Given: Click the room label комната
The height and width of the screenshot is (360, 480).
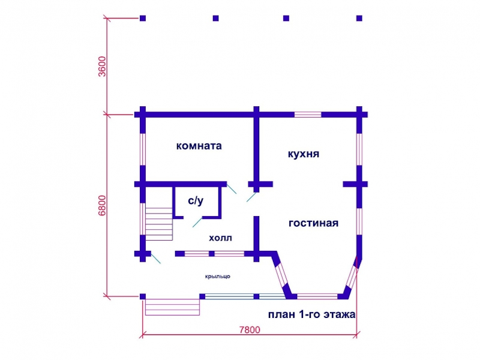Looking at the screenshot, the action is [x=199, y=146].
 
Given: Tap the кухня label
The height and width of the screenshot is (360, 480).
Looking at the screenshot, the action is [x=304, y=154].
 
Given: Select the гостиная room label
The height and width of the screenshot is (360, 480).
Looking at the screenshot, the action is [x=313, y=223].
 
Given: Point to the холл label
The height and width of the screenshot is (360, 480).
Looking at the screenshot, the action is [x=220, y=238].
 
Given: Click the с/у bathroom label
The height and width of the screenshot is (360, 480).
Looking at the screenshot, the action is [x=196, y=200].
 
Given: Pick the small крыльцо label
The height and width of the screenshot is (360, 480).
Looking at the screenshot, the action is [x=217, y=277].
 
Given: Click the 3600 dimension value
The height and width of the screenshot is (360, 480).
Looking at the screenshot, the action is [x=102, y=67].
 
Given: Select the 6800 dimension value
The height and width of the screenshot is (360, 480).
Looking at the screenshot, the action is [x=102, y=205].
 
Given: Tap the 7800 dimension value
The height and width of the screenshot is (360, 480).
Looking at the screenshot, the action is [x=250, y=329].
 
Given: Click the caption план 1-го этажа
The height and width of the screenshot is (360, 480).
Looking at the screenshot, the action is [x=311, y=314].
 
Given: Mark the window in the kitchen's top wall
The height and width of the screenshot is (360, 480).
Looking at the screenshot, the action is [x=308, y=115].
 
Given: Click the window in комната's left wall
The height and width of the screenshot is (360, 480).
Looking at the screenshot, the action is [x=143, y=149].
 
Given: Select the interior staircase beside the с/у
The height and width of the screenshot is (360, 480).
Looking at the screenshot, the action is [x=159, y=224].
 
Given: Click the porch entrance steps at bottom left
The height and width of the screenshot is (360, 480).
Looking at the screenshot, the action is [x=172, y=307].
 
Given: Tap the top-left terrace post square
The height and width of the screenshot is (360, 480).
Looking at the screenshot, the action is [x=143, y=19].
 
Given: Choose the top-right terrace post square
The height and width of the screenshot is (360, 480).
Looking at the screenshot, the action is [x=359, y=19].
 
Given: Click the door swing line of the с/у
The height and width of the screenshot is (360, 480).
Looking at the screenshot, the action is [x=197, y=222].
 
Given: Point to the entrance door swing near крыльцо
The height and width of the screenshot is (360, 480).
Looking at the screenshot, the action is [x=156, y=258].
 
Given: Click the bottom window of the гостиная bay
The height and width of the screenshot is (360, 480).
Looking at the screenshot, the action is [x=317, y=296].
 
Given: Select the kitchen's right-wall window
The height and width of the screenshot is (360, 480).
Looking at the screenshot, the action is [x=359, y=149].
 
